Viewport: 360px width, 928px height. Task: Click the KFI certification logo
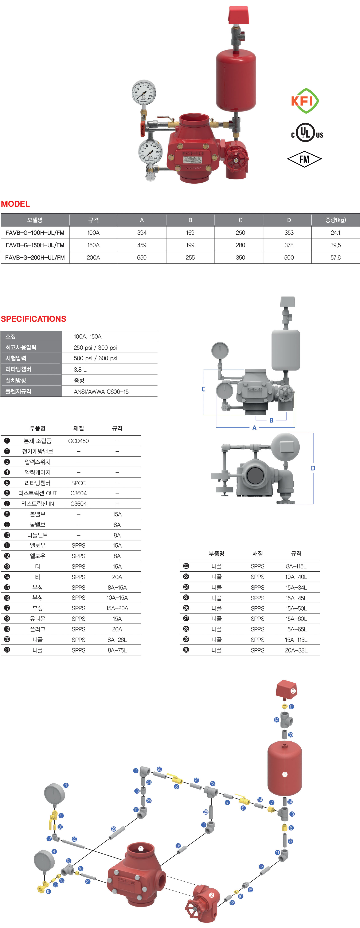pyautogui.click(x=305, y=101)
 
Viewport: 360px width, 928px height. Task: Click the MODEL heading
pyautogui.click(x=16, y=204)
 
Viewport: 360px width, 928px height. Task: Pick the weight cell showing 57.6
pyautogui.click(x=336, y=258)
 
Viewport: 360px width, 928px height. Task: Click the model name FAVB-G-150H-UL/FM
pyautogui.click(x=35, y=245)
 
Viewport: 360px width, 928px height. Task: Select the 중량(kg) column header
pyautogui.click(x=336, y=220)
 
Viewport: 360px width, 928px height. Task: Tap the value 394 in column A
pyautogui.click(x=142, y=233)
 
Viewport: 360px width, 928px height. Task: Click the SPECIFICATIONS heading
pyautogui.click(x=34, y=319)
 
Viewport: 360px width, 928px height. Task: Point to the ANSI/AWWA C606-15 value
pyautogui.click(x=101, y=392)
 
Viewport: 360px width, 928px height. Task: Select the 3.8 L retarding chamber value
pyautogui.click(x=80, y=370)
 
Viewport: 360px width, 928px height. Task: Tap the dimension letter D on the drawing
pyautogui.click(x=313, y=468)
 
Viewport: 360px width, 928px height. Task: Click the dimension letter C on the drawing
pyautogui.click(x=203, y=389)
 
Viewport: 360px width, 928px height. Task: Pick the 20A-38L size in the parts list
pyautogui.click(x=296, y=650)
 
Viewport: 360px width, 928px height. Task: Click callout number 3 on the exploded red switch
pyautogui.click(x=293, y=691)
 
